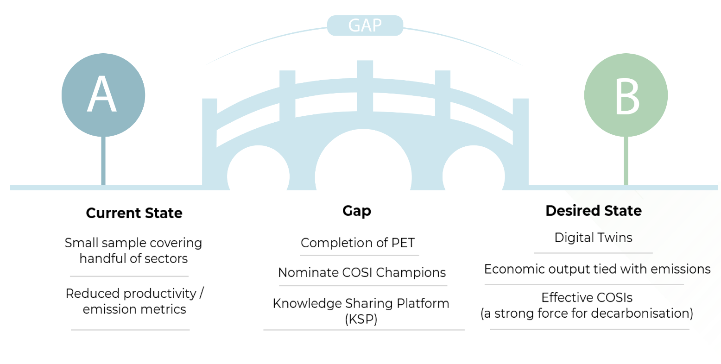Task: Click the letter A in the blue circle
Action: pos(102,95)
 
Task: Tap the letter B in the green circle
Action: pos(627,97)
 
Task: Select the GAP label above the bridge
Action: pos(365,25)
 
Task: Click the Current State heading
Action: pos(134,213)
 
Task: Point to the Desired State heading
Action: pos(594,211)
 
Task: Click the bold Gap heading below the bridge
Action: pos(357,211)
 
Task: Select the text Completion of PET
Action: pos(358,243)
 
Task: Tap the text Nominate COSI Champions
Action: pos(362,272)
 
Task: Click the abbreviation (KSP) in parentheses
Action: pos(361,319)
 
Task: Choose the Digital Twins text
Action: pos(593,238)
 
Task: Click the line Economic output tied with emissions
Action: pos(597,269)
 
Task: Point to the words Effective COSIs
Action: pos(587,297)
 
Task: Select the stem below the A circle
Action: pos(103,161)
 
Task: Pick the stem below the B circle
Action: pos(626,161)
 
